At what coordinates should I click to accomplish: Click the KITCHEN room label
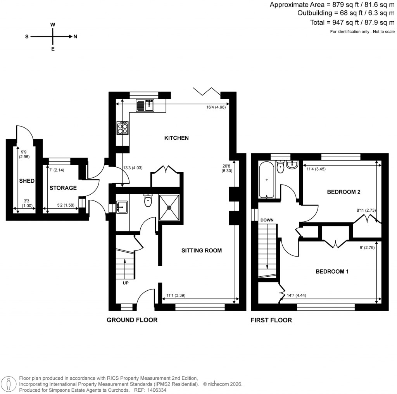pos(176,138)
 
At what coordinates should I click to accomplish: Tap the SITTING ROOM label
pos(202,250)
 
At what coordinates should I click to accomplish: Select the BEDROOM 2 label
pos(342,192)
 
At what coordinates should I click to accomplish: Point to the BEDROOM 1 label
pos(332,272)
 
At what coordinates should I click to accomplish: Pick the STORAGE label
pos(63,188)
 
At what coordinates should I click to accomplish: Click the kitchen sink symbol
pos(145,104)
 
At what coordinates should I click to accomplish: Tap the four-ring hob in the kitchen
pos(123,128)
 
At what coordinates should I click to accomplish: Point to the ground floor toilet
pos(148,200)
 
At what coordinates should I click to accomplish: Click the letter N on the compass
pos(75,37)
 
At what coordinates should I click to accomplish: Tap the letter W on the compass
pos(53,24)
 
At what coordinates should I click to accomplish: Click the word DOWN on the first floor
pos(267,220)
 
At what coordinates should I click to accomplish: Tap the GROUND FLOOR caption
pos(132,320)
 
